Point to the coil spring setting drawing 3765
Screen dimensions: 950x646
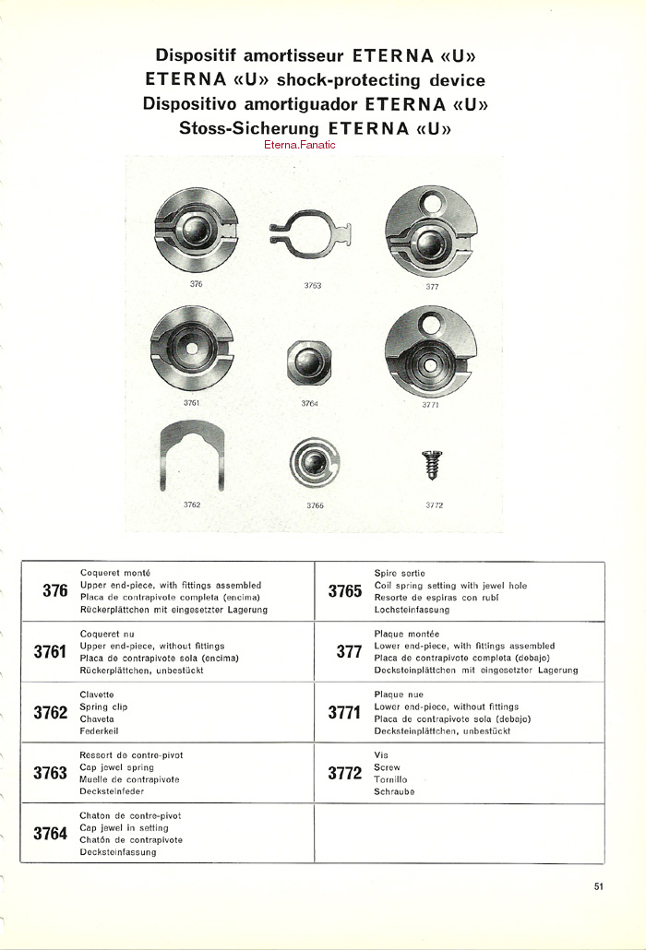tap(314, 462)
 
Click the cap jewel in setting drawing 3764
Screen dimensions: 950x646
tap(310, 362)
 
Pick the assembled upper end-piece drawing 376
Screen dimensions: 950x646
tap(196, 232)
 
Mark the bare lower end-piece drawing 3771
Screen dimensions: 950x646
tap(430, 351)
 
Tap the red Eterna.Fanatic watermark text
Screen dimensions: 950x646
tap(299, 145)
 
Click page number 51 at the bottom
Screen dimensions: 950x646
tap(599, 887)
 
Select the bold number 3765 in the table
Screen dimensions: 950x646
tap(345, 591)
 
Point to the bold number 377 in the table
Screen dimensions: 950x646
tap(349, 652)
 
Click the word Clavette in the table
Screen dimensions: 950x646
tap(98, 695)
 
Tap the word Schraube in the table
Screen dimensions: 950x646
tap(394, 791)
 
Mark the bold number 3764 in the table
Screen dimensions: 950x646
tap(51, 834)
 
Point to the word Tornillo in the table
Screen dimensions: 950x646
tap(391, 779)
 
